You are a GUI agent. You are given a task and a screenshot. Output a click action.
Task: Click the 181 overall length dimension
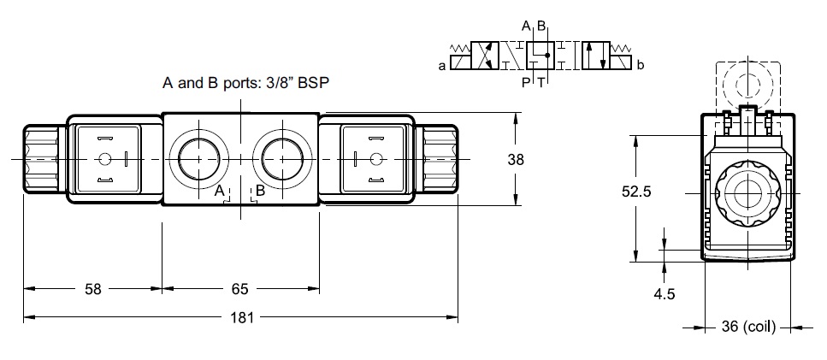pyautogui.click(x=241, y=317)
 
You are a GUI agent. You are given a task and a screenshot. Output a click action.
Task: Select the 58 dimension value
pyautogui.click(x=93, y=289)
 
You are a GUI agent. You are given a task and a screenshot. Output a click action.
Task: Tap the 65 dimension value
pyautogui.click(x=239, y=289)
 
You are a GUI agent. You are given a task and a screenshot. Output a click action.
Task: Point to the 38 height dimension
pyautogui.click(x=516, y=159)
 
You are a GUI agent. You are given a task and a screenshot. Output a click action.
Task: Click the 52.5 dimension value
pyautogui.click(x=636, y=192)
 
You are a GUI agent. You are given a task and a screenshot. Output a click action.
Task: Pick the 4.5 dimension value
pyautogui.click(x=664, y=294)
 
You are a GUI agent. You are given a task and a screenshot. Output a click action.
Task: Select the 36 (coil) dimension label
pyautogui.click(x=748, y=328)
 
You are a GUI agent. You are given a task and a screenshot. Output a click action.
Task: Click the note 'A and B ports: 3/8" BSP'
pyautogui.click(x=245, y=83)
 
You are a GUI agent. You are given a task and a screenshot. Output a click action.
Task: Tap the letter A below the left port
pyautogui.click(x=220, y=192)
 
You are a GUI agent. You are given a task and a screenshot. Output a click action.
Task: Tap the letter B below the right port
pyautogui.click(x=260, y=191)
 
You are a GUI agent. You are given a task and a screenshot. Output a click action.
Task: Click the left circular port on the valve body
pyautogui.click(x=198, y=159)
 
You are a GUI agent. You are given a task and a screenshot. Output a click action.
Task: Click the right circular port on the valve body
pyautogui.click(x=282, y=159)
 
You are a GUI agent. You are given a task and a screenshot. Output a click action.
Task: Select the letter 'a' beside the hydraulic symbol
pyautogui.click(x=442, y=66)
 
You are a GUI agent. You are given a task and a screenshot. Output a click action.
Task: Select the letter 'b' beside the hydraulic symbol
pyautogui.click(x=641, y=65)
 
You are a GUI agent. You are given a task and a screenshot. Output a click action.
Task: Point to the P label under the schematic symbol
pyautogui.click(x=525, y=82)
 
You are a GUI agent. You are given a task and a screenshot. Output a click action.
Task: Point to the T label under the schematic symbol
pyautogui.click(x=541, y=82)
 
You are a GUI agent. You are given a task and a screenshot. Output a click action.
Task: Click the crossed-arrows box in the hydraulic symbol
pyautogui.click(x=485, y=56)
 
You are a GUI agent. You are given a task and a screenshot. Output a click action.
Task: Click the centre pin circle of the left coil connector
pyautogui.click(x=105, y=159)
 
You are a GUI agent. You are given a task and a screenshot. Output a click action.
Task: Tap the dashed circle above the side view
pyautogui.click(x=747, y=85)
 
